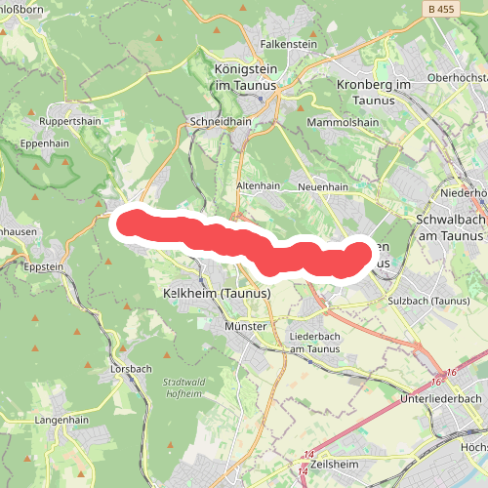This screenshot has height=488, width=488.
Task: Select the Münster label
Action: (x=246, y=326)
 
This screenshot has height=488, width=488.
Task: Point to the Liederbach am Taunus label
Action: (x=315, y=342)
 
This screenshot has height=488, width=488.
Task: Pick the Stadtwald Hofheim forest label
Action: (x=183, y=387)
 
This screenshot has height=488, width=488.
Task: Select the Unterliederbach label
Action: (x=441, y=399)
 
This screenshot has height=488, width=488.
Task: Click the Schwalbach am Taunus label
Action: (x=451, y=227)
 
